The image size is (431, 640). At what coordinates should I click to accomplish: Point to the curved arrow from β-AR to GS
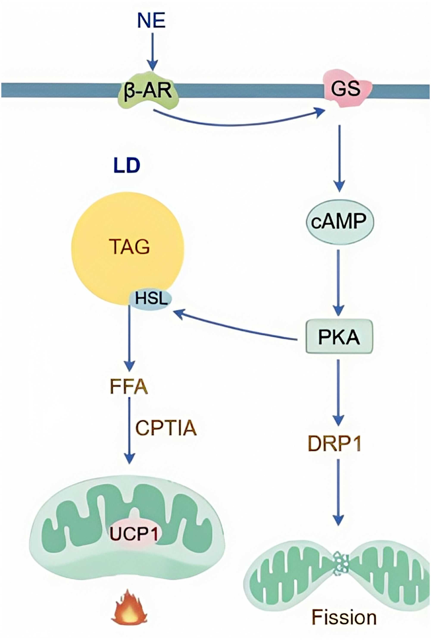point(236,124)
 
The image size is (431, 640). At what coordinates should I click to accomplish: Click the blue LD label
point(127,166)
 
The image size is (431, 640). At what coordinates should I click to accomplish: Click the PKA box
point(339,336)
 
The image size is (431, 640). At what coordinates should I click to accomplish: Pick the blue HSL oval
point(151,299)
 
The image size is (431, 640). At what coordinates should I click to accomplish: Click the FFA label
point(129,387)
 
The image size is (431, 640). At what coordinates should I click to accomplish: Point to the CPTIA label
point(166,428)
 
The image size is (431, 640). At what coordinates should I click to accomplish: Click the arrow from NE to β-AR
point(153,52)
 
